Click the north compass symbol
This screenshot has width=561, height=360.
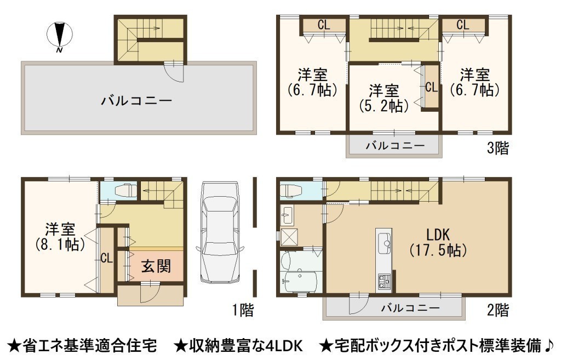(60, 36)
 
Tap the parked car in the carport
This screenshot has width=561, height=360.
(219, 233)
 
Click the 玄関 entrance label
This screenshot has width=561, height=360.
(156, 267)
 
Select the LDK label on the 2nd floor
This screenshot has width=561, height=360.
(438, 235)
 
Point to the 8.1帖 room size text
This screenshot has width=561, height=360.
(60, 244)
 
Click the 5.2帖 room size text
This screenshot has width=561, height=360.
(384, 106)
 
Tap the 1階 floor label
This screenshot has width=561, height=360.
(243, 310)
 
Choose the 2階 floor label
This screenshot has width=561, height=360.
(497, 310)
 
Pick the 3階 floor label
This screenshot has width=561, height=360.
(497, 148)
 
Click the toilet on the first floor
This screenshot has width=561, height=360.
(123, 190)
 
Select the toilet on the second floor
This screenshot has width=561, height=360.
(290, 191)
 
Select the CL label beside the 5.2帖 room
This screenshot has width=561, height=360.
(431, 87)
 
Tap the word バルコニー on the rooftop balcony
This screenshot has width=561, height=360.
(136, 101)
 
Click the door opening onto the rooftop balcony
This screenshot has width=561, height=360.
(174, 73)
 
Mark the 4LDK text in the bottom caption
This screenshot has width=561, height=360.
(285, 345)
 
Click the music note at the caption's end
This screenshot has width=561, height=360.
(549, 345)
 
